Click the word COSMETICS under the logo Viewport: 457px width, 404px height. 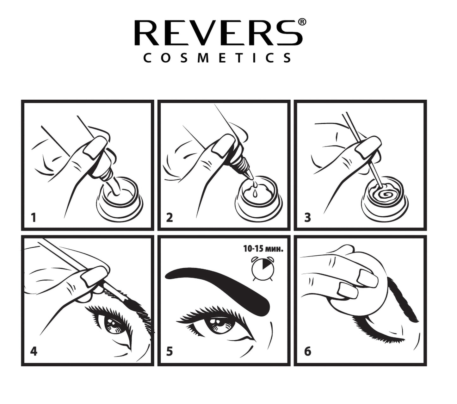point(217,58)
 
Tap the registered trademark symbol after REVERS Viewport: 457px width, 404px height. point(302,22)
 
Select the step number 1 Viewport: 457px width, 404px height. point(34,218)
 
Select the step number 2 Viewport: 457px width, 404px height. point(170,218)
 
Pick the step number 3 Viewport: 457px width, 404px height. point(307,218)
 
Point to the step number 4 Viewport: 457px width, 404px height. point(34,351)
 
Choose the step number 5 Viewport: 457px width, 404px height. point(170,351)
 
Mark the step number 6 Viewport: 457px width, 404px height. point(307,351)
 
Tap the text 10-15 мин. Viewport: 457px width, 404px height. point(263,249)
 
